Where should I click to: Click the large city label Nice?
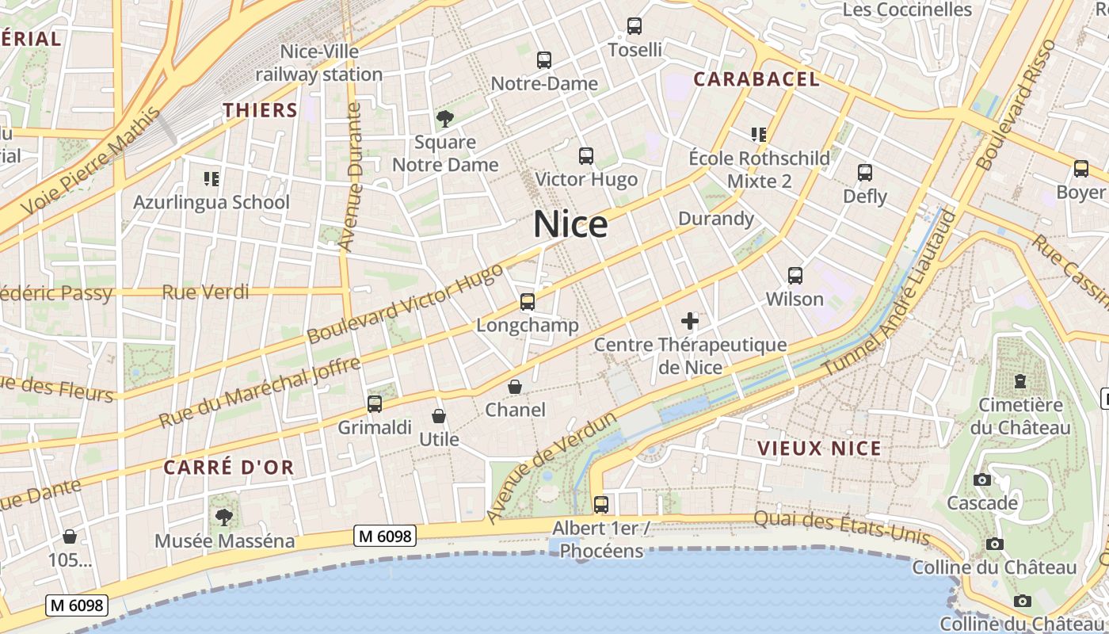pyautogui.click(x=570, y=224)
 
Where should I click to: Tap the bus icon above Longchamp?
pyautogui.click(x=528, y=302)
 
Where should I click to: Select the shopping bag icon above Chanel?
pyautogui.click(x=515, y=387)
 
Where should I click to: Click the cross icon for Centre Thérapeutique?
pyautogui.click(x=690, y=321)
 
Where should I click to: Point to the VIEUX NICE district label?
pyautogui.click(x=819, y=449)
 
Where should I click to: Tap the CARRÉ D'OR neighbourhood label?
pyautogui.click(x=229, y=468)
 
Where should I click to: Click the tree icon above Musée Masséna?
pyautogui.click(x=224, y=518)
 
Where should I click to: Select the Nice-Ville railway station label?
pyautogui.click(x=319, y=63)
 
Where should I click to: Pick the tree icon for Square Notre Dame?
pyautogui.click(x=445, y=120)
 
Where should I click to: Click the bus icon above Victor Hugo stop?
pyautogui.click(x=586, y=156)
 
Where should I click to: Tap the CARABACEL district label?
pyautogui.click(x=756, y=79)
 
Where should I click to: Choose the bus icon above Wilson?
pyautogui.click(x=795, y=276)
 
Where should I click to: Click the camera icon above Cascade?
pyautogui.click(x=982, y=479)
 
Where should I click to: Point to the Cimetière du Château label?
pyautogui.click(x=1020, y=416)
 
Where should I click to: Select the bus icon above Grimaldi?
pyautogui.click(x=375, y=404)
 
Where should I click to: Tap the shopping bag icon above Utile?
pyautogui.click(x=439, y=416)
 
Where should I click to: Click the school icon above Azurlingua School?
pyautogui.click(x=211, y=179)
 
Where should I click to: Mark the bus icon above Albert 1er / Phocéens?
pyautogui.click(x=601, y=504)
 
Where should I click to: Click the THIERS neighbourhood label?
pyautogui.click(x=260, y=110)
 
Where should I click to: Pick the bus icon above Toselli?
pyautogui.click(x=635, y=26)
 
